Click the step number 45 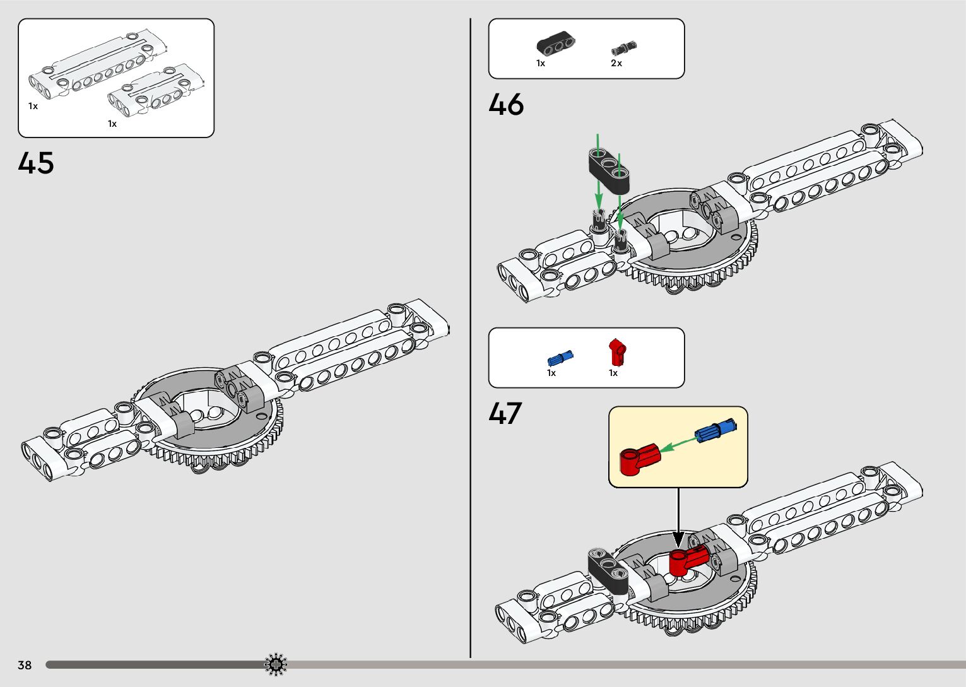coord(36,163)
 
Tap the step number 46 coord(506,104)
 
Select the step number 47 coord(505,413)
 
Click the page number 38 coord(25,665)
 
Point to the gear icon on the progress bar coord(276,664)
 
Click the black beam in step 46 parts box coord(556,44)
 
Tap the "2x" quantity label coord(616,63)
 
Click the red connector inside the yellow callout coord(638,459)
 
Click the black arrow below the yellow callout coord(678,517)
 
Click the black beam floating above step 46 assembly coord(610,167)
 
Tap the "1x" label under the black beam coord(541,63)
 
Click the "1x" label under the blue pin coord(551,373)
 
